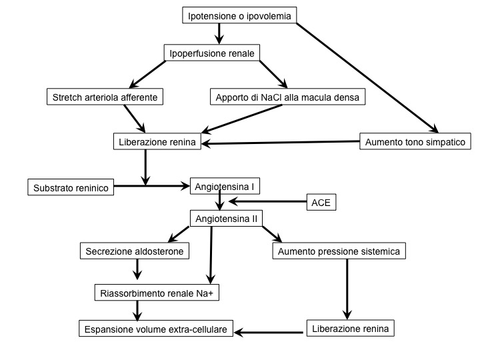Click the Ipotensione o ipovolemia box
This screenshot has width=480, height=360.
click(x=239, y=15)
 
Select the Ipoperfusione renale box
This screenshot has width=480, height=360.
click(x=212, y=53)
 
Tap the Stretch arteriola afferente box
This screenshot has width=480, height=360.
click(x=105, y=97)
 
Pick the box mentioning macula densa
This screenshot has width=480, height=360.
click(x=287, y=97)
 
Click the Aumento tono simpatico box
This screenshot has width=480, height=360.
click(x=415, y=141)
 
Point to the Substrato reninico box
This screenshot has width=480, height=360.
click(x=71, y=187)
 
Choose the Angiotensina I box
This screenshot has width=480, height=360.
click(x=225, y=186)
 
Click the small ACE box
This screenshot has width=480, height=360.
click(x=321, y=202)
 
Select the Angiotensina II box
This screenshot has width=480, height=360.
click(x=226, y=218)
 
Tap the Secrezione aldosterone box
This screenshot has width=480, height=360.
click(x=135, y=251)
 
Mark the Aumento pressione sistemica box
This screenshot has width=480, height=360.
click(x=339, y=251)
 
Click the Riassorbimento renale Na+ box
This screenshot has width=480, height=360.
click(x=157, y=293)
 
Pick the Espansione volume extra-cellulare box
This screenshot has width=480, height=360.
click(x=156, y=329)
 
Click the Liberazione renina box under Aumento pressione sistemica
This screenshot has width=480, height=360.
click(x=351, y=328)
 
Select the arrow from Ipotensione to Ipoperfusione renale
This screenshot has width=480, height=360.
click(x=219, y=34)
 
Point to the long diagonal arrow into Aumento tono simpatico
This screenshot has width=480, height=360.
click(x=367, y=78)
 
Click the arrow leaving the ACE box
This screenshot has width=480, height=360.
click(x=267, y=201)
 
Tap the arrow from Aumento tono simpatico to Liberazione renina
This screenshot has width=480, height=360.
click(x=281, y=143)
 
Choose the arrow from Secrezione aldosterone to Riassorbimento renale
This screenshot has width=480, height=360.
click(x=137, y=269)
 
